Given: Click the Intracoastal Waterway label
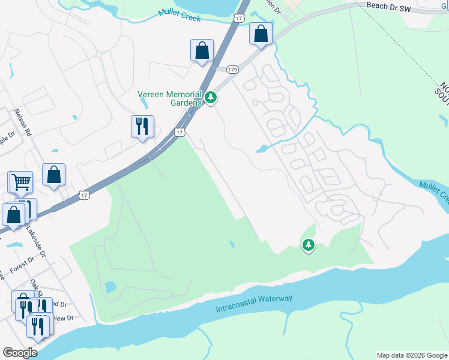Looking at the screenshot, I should point(254,303).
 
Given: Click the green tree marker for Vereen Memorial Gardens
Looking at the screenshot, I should point(211,97).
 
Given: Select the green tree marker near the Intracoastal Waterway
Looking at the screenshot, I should point(309,244).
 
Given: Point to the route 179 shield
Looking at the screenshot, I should point(233,70).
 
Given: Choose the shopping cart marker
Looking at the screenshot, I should point(21,181).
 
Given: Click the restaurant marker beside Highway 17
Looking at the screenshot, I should point(142,126).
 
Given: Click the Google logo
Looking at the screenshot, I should point(20,353).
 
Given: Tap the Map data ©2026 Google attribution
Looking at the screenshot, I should point(412,355).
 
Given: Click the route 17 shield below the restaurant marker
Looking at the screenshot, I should point(179,132).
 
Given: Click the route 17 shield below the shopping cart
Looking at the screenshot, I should point(85,195).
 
